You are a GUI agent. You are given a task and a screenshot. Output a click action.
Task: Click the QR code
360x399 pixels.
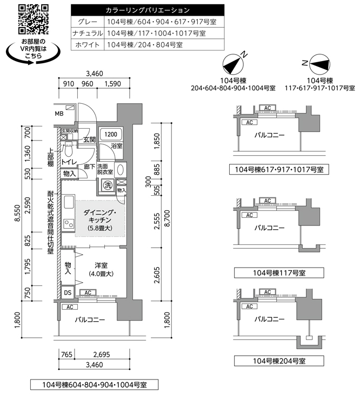[33, 19]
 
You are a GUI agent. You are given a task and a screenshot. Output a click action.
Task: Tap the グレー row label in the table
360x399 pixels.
[87, 22]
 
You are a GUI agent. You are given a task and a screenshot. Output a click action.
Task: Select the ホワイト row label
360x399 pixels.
[87, 45]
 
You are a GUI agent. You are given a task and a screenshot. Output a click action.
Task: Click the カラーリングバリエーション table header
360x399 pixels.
[148, 10]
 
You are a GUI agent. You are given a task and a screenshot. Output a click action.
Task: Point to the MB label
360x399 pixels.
[59, 114]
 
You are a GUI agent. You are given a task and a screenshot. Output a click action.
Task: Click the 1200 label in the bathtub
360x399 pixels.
[111, 134]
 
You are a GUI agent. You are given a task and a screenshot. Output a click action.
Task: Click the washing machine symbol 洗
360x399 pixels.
[108, 185]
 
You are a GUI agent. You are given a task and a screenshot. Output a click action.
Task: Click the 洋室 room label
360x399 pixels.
[101, 265]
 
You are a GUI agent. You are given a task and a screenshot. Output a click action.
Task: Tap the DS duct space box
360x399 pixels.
[68, 292]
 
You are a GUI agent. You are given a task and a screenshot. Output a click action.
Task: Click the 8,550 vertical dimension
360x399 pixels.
[17, 213]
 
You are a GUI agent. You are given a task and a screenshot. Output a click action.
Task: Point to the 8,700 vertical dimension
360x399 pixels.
[168, 218]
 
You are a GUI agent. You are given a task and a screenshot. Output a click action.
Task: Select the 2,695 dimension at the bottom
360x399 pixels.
[102, 355]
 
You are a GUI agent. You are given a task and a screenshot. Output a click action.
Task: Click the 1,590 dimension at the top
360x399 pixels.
[113, 84]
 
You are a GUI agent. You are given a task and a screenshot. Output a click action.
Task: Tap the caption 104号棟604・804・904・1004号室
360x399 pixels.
[95, 385]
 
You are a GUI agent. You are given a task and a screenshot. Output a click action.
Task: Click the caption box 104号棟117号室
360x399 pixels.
[279, 273]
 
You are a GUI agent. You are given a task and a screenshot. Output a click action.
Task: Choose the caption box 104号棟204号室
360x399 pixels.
[279, 361]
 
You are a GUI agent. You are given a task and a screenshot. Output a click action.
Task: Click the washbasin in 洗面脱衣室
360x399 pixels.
[120, 170]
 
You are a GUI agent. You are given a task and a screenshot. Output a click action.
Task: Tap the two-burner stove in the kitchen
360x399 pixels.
[69, 223]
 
